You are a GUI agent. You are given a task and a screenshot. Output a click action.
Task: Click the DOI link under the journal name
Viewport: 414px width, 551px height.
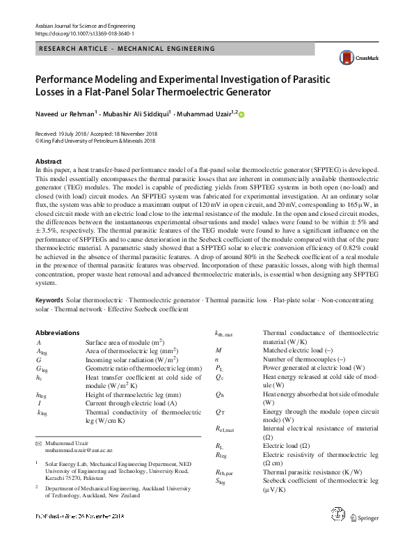[84, 33]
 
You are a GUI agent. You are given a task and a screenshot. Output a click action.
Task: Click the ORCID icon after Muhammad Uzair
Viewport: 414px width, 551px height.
[241, 115]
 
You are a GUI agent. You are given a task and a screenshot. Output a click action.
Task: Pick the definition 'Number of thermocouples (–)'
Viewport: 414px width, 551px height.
[305, 359]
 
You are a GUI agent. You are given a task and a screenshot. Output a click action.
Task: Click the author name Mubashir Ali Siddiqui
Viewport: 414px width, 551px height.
[134, 114]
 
